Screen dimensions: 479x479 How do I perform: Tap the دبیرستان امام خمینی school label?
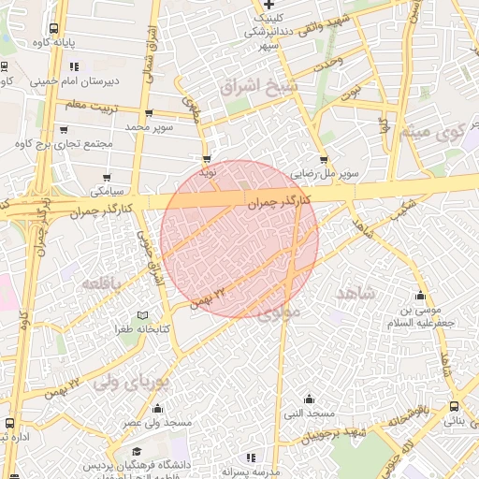[x=76, y=81]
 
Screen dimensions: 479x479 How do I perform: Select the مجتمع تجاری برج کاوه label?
[x=64, y=143]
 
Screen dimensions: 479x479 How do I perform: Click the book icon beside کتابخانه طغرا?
[x=142, y=315]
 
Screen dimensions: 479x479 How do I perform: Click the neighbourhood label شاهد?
[x=355, y=293]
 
